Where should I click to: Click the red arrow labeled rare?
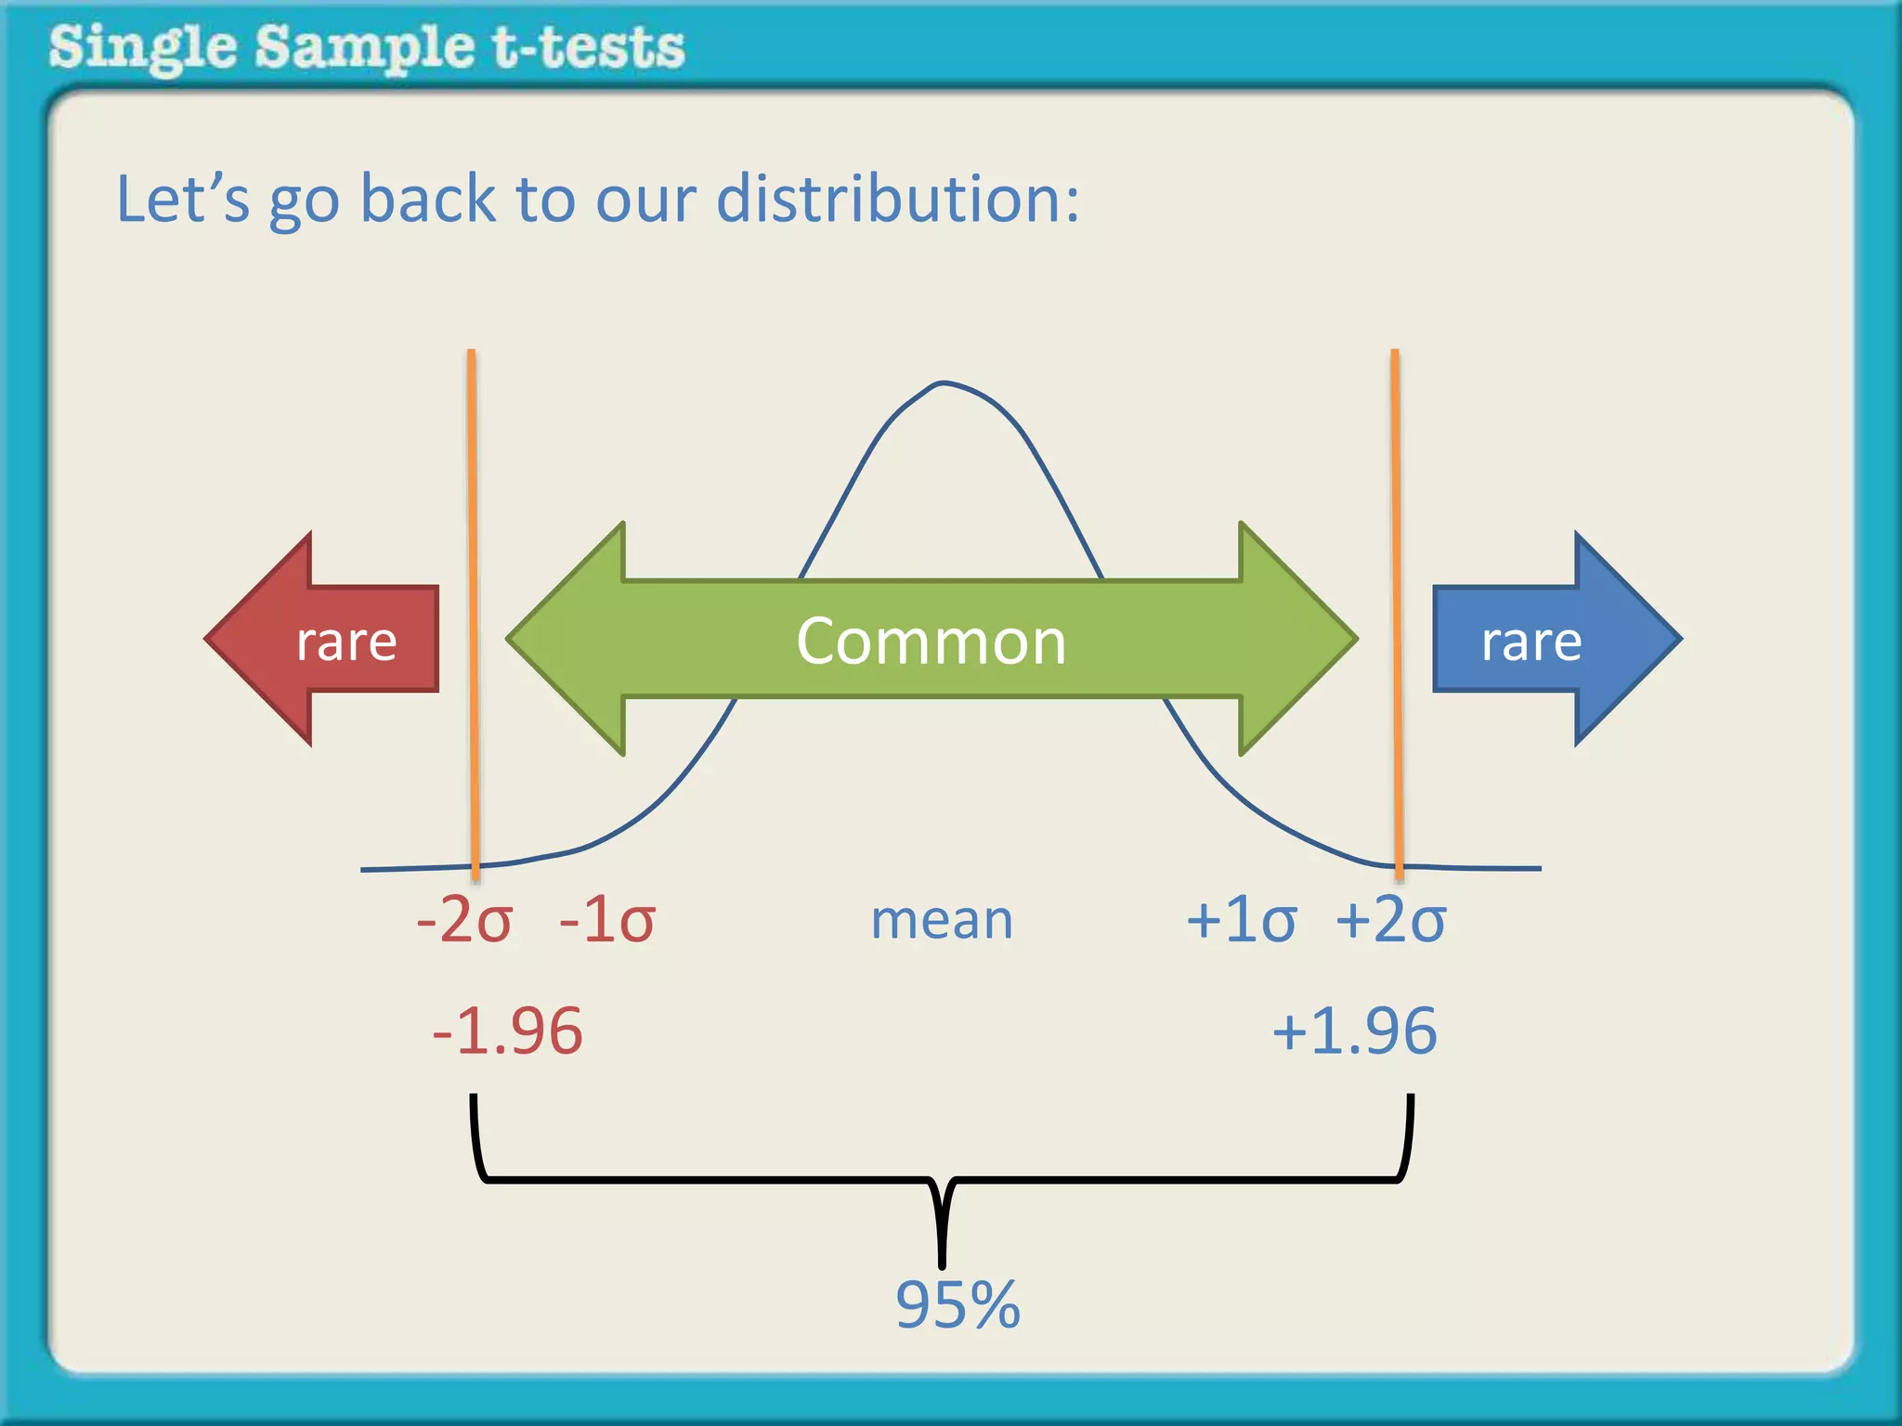tap(334, 640)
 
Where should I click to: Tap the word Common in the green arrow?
tap(931, 642)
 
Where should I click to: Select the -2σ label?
tap(464, 920)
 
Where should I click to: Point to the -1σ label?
tap(607, 920)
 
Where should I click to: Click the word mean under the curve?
tap(942, 920)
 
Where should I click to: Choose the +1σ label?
tap(1241, 920)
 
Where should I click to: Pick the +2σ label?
tap(1390, 920)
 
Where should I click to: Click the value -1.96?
tap(507, 1031)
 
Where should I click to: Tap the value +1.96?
tap(1354, 1031)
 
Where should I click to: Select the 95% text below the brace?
tap(958, 1304)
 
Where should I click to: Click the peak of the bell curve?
tap(943, 382)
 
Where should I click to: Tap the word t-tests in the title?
tap(589, 47)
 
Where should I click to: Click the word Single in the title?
tap(142, 49)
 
